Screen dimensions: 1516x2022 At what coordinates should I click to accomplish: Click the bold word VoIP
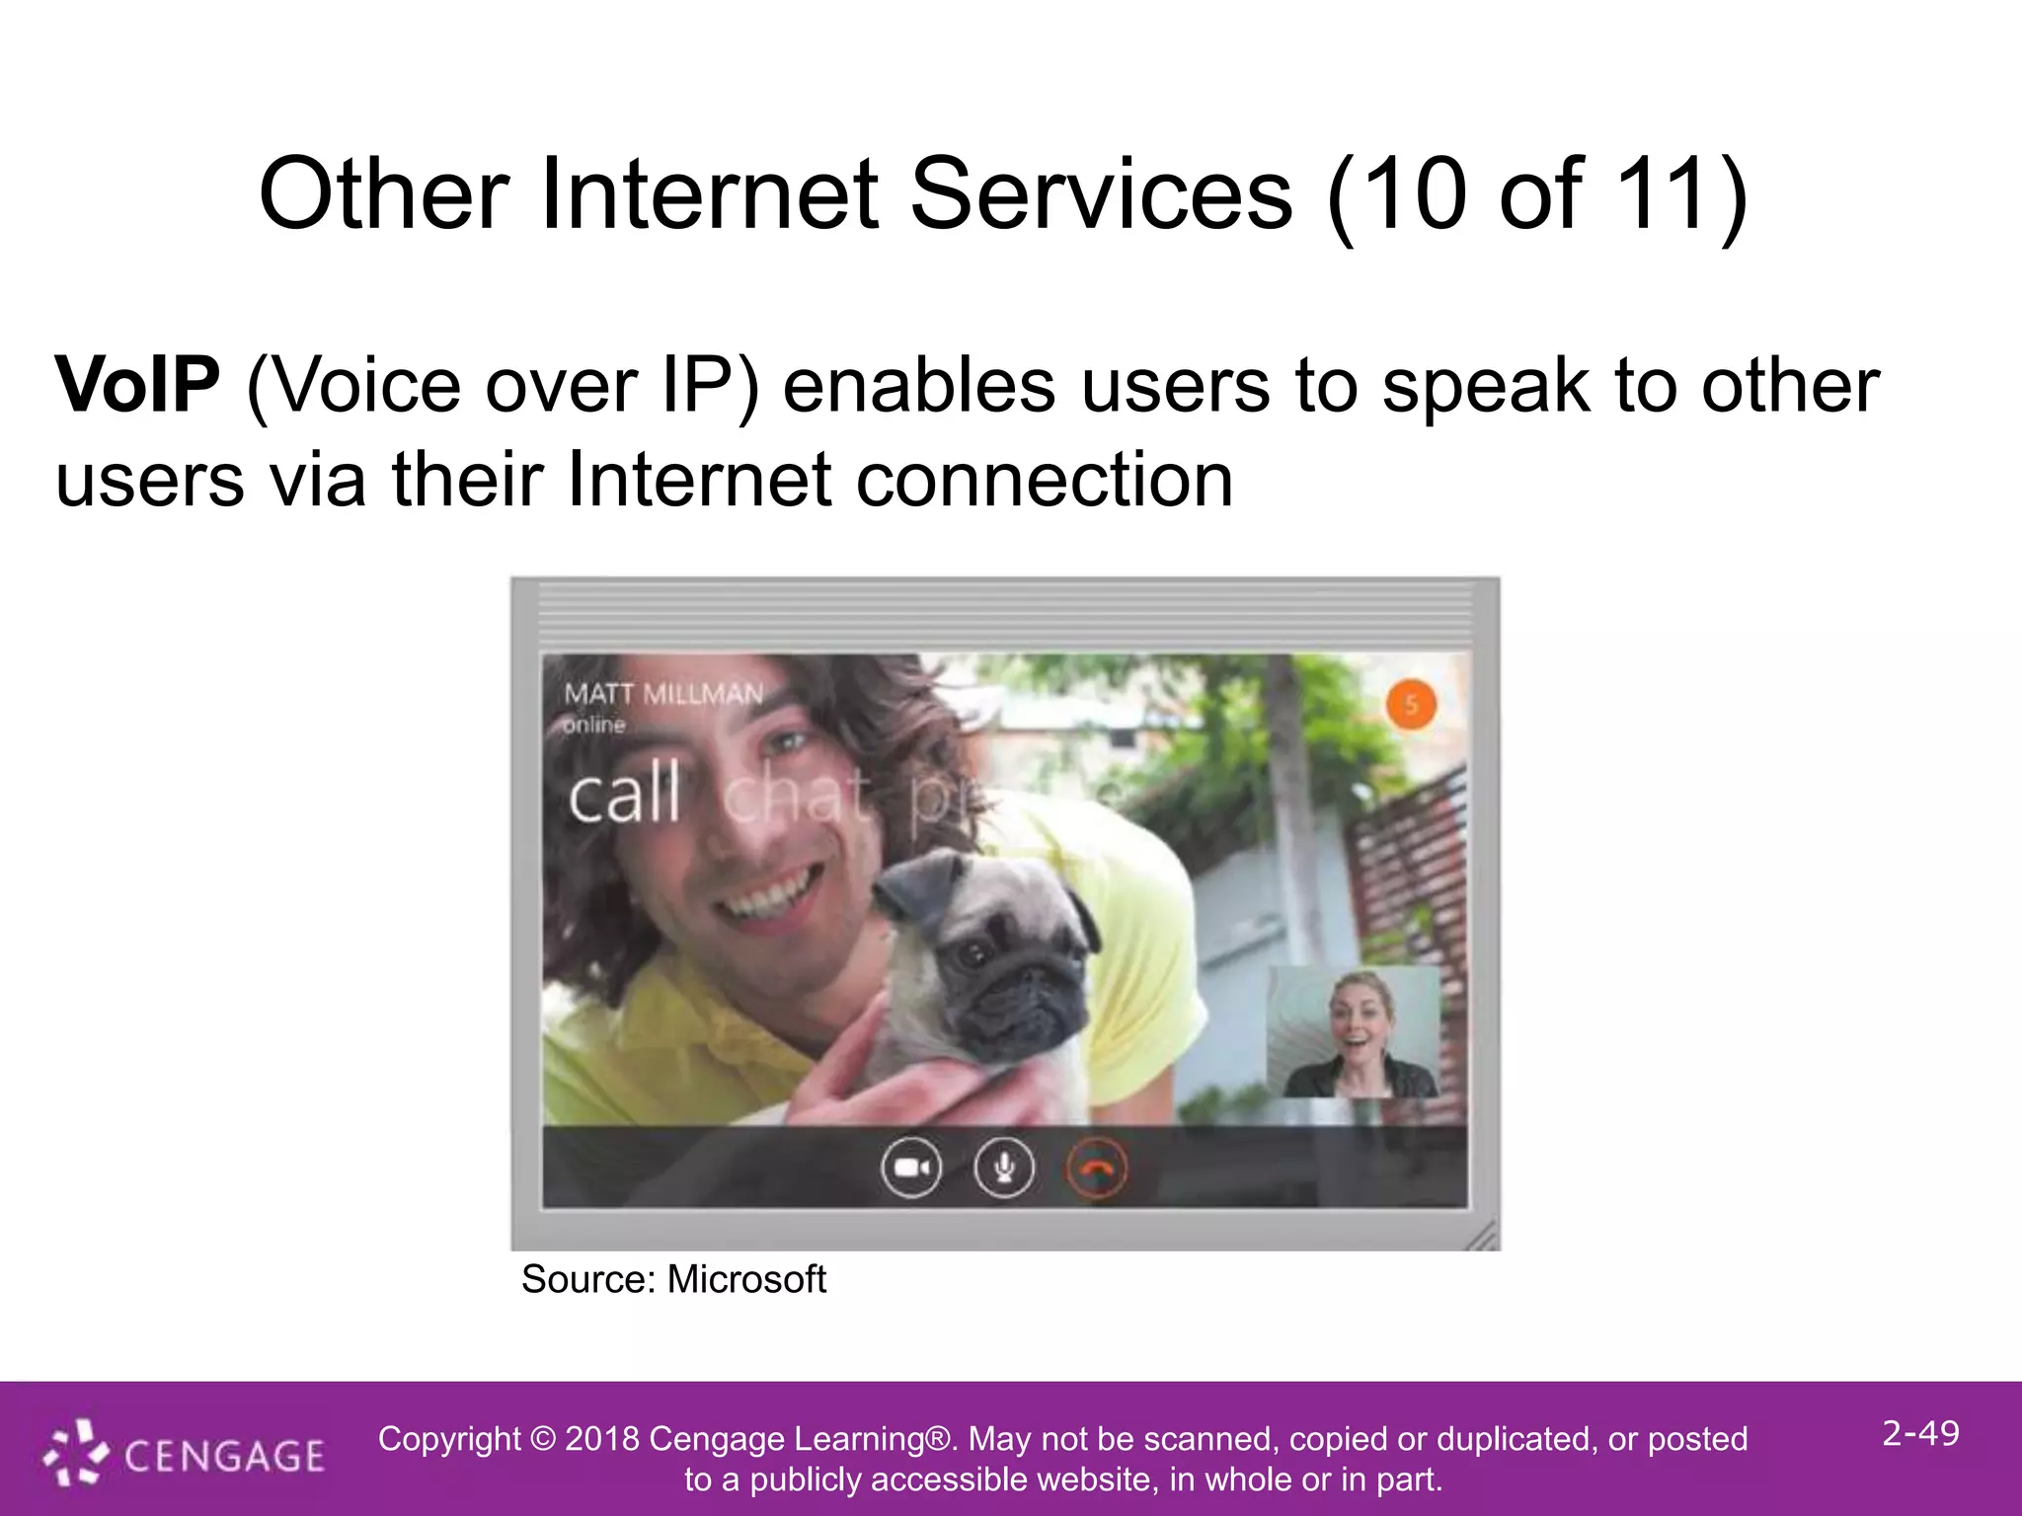[x=137, y=385]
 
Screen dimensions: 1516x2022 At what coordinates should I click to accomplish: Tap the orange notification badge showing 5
[x=1411, y=705]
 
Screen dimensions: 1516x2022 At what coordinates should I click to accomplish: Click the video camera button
[x=910, y=1169]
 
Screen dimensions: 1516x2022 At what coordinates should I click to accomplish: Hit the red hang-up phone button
[x=1097, y=1169]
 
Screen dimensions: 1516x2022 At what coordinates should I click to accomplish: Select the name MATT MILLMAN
[x=663, y=694]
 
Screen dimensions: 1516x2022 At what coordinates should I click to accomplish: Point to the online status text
[x=594, y=725]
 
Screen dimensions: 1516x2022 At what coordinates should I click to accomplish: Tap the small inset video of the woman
[x=1354, y=1032]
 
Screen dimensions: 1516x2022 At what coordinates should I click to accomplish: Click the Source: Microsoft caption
[x=673, y=1280]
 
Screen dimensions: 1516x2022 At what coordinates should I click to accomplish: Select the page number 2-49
[x=1920, y=1433]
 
